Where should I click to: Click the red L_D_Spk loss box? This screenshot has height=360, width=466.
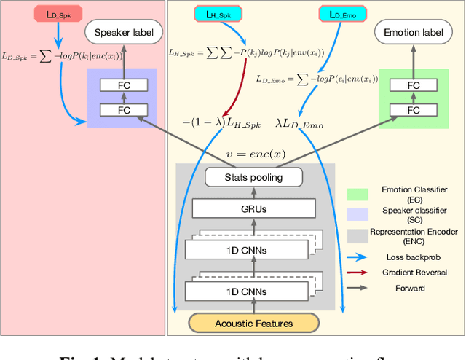click(x=39, y=14)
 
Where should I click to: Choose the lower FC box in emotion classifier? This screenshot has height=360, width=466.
click(x=413, y=109)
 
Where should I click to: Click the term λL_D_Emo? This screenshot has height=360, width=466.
click(x=299, y=125)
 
